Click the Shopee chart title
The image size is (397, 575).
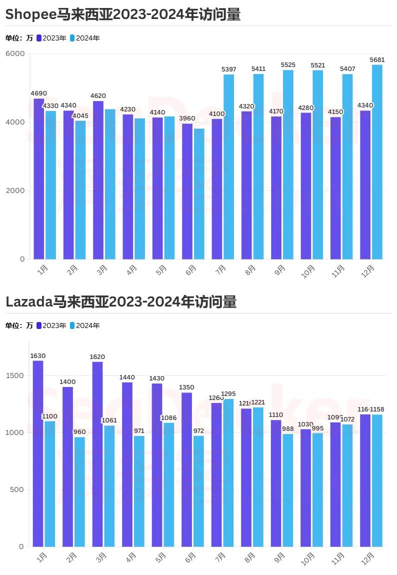point(123,15)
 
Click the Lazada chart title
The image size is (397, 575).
point(120,302)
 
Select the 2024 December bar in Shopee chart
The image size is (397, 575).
point(377,162)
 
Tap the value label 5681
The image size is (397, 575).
point(377,59)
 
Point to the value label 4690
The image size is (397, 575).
point(38,93)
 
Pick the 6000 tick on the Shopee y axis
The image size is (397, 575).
point(15,53)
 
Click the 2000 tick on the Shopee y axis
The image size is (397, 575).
point(15,190)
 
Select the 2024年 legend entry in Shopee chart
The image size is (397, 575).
point(84,38)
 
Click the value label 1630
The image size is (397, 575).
point(38,356)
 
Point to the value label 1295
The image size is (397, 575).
point(227,394)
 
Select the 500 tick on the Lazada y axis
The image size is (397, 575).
point(17,489)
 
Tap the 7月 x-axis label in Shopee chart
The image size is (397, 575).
point(220,269)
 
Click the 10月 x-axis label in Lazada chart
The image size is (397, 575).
point(308,557)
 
